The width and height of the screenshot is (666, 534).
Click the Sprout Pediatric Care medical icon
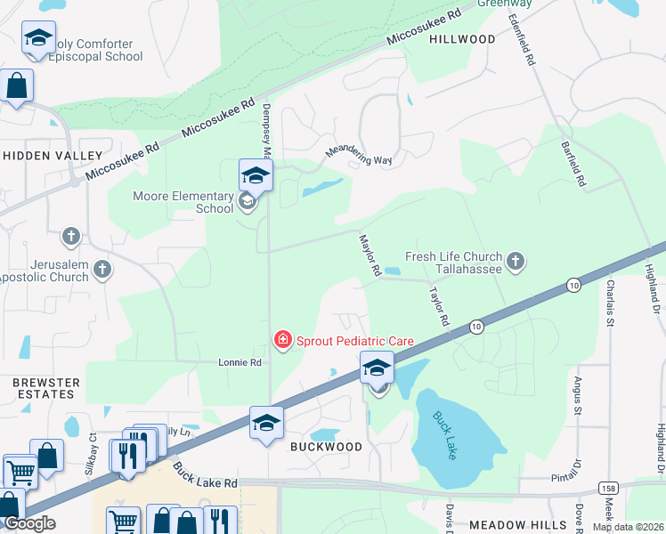[x=282, y=339]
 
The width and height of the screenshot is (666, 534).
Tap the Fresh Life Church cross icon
[x=515, y=262]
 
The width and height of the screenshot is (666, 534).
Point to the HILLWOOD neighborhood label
[x=462, y=39]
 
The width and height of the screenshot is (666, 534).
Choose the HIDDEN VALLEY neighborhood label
[x=53, y=155]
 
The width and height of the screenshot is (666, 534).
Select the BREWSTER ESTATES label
[x=45, y=388]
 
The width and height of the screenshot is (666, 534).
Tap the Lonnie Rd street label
[x=240, y=363]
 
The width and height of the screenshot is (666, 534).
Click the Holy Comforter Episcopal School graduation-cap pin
[x=38, y=37]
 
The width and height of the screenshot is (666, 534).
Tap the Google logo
[x=29, y=523]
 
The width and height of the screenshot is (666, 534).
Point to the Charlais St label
[x=609, y=303]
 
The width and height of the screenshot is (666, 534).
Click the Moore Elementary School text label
[x=183, y=203]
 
